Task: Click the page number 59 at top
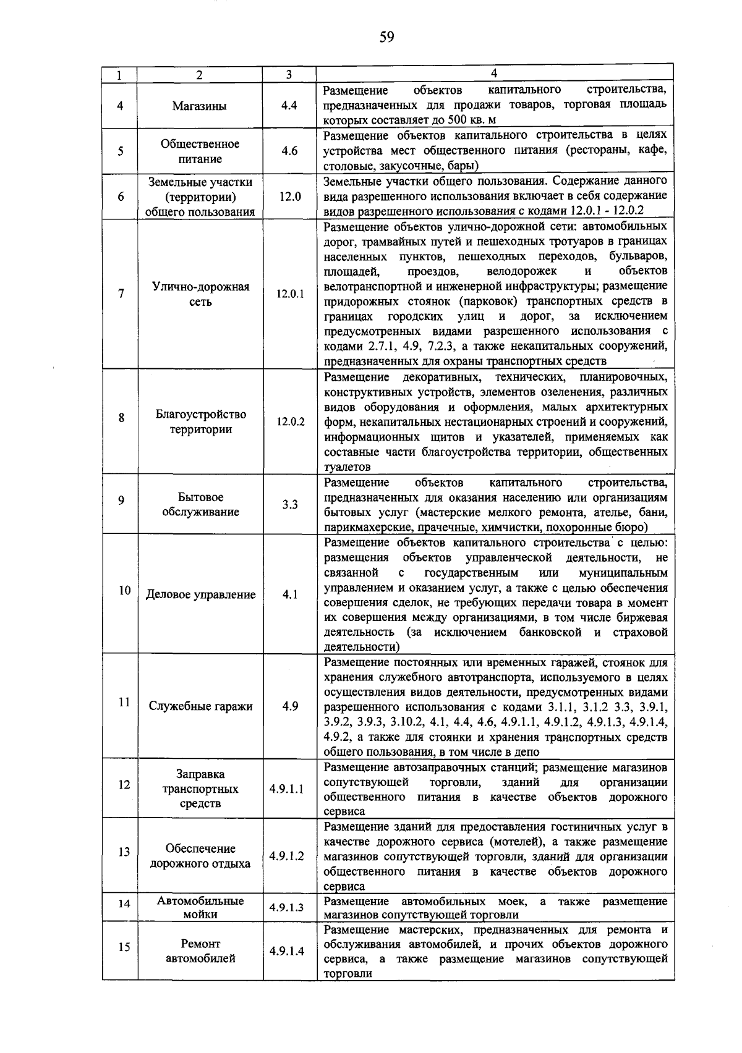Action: pos(386,38)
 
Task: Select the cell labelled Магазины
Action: pos(199,106)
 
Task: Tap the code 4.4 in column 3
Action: pos(289,106)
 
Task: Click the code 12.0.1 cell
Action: pos(289,294)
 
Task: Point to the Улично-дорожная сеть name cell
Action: pos(200,294)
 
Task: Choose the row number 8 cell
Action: pos(121,418)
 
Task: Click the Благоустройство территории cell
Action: pos(200,422)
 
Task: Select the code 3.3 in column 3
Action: pos(289,505)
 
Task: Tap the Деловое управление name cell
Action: pos(200,594)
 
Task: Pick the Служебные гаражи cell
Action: pos(200,706)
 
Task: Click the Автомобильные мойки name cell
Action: pos(200,908)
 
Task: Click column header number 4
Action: pos(493,73)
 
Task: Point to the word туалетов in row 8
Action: pos(346,467)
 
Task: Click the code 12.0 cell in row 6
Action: pos(289,197)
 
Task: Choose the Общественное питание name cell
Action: pos(200,151)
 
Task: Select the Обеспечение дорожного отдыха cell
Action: pos(200,856)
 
